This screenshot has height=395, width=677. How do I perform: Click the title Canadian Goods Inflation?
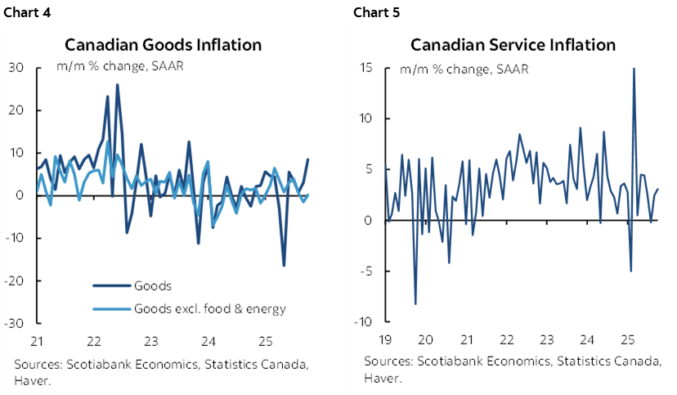coord(164,45)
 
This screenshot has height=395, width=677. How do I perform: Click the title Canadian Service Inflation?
coord(513,45)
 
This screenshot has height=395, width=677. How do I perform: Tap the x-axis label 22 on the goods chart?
coord(92,340)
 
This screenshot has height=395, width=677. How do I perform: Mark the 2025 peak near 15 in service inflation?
coord(634,69)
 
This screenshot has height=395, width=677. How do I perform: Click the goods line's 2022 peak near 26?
coord(117,85)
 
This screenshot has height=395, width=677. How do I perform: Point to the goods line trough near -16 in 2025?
coord(284,265)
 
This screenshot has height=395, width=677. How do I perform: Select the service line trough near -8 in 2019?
coord(415,304)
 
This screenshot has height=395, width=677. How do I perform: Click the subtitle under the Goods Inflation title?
coord(119,65)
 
